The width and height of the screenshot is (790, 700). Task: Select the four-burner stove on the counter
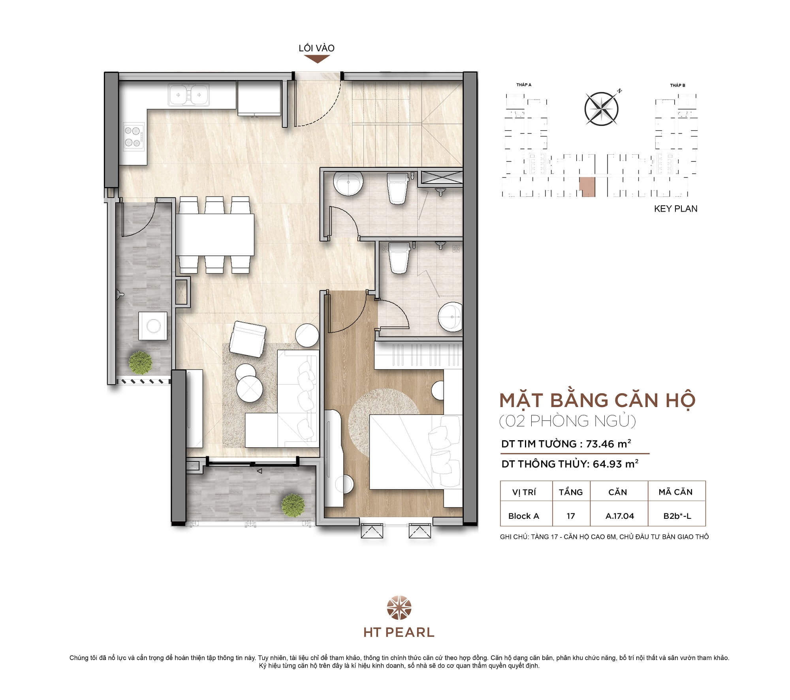(133, 137)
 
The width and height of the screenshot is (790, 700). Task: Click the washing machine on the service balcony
(152, 326)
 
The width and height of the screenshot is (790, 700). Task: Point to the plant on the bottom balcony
(293, 505)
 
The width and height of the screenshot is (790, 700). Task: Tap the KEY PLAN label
(675, 209)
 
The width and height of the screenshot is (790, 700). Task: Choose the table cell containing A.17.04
(619, 516)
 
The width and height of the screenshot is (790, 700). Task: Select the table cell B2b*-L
(677, 516)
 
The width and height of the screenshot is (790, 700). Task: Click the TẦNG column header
(571, 492)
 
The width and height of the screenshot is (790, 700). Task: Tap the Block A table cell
(523, 516)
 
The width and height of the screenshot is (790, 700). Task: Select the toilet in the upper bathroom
(398, 188)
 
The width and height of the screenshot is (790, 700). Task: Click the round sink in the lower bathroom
(450, 316)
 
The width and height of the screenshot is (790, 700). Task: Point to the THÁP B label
(677, 85)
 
